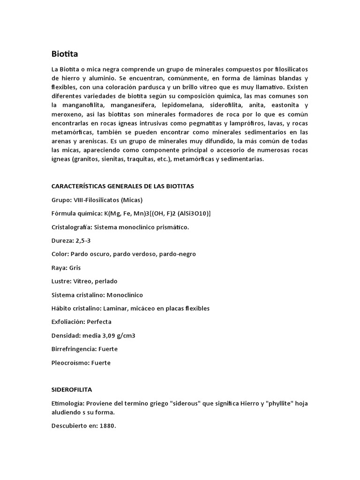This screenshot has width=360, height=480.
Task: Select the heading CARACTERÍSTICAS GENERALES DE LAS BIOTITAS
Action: (123, 186)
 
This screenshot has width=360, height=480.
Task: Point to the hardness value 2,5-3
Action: (85, 240)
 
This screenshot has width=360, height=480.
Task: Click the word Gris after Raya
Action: (75, 268)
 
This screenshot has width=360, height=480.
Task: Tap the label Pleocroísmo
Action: (70, 363)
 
